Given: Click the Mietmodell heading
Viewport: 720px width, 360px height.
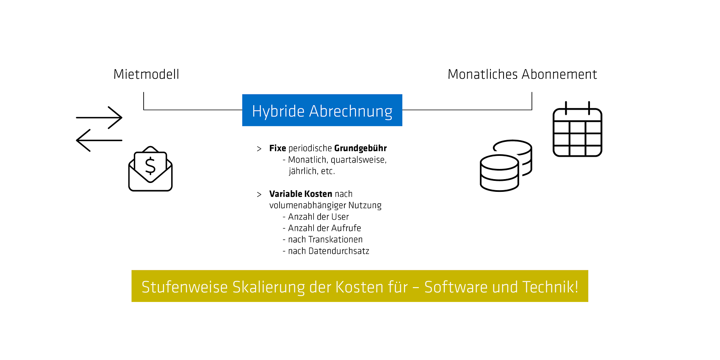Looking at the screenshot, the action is click(146, 74).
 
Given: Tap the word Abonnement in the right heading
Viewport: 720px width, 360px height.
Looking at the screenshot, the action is click(559, 74).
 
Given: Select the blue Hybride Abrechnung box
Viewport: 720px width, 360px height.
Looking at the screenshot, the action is click(322, 110).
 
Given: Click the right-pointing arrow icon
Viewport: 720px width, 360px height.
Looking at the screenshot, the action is click(99, 118).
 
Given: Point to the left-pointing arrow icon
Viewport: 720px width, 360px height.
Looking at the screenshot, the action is click(99, 141).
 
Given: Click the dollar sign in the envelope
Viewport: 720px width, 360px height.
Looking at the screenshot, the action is click(150, 166).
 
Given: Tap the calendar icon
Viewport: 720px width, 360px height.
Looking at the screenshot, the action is click(577, 129).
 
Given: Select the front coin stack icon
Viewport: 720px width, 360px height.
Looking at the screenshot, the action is click(499, 173).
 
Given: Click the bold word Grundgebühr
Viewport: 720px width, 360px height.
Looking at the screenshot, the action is click(360, 149).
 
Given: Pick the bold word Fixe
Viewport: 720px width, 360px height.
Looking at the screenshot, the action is click(278, 148).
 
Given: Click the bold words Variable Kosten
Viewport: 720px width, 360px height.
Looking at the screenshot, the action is click(301, 194).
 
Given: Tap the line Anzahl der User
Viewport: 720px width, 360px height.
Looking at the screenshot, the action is click(316, 217).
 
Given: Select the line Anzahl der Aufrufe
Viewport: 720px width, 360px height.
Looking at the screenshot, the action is click(322, 228).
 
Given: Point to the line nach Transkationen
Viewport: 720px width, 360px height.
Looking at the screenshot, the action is click(323, 240).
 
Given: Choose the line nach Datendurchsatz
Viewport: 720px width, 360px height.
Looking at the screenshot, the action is click(326, 251).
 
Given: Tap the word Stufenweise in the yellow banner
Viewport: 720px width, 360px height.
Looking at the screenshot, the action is click(185, 287).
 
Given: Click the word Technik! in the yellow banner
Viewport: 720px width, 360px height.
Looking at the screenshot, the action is click(550, 287).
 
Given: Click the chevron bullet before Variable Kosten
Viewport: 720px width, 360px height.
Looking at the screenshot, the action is click(259, 194).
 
